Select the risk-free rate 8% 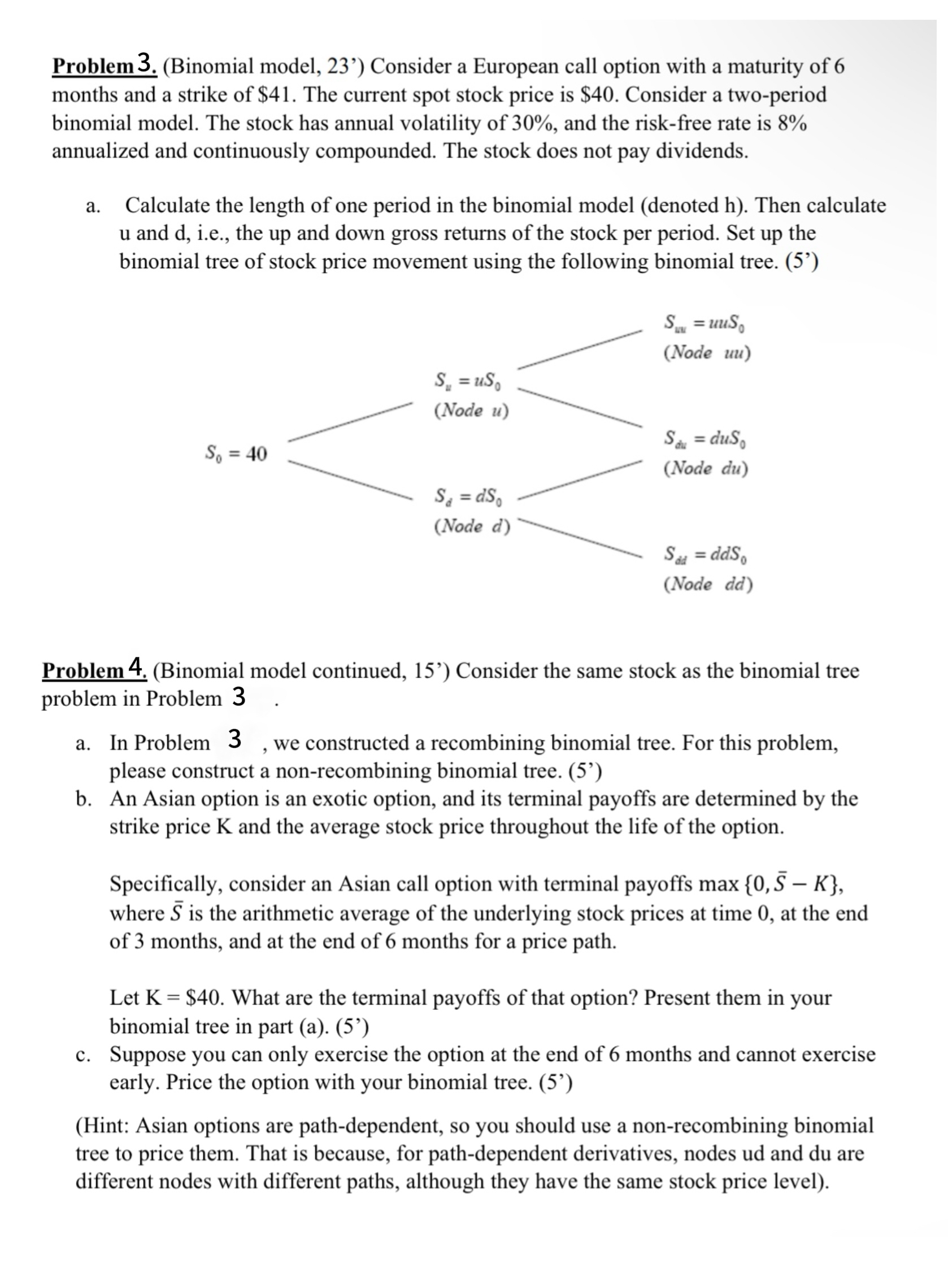(x=793, y=123)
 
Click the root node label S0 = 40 (x=236, y=454)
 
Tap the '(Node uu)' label (x=707, y=352)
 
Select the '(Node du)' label (x=706, y=468)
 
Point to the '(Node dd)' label (x=708, y=584)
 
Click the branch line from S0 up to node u (x=350, y=422)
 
